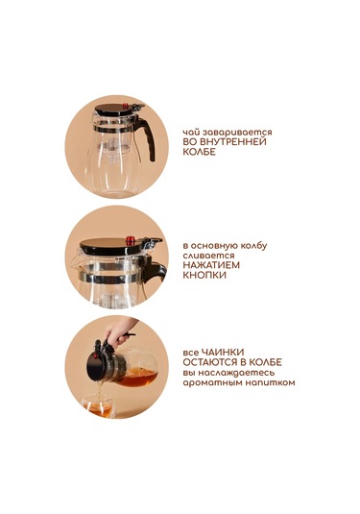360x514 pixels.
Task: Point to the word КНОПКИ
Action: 204,276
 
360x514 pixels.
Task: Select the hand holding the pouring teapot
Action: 117,333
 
